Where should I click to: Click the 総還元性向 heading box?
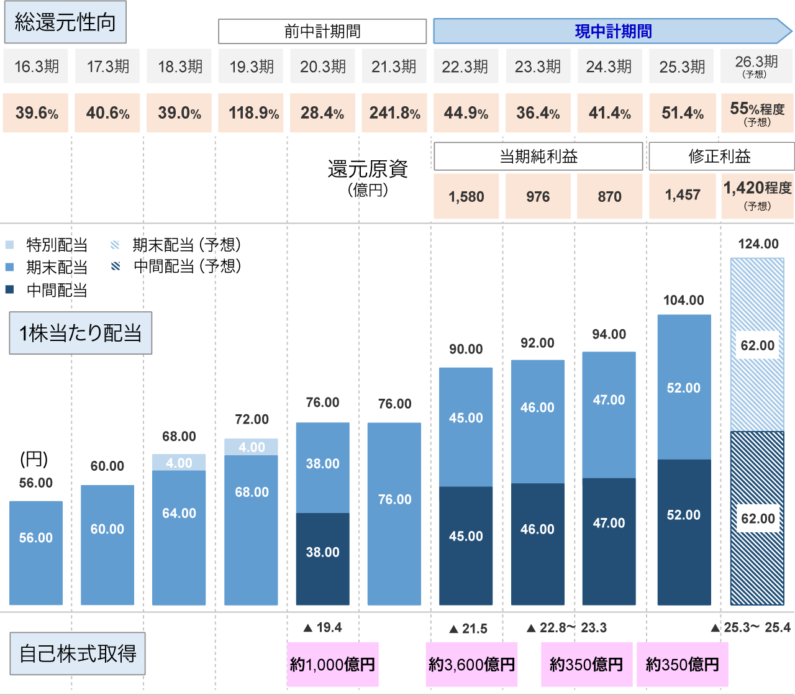point(65,23)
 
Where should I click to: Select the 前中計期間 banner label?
point(322,31)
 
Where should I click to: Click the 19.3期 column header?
point(252,66)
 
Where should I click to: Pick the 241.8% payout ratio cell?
point(394,113)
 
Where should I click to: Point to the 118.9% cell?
point(252,113)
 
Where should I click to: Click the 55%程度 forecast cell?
point(757,113)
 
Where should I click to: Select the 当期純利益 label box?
point(538,157)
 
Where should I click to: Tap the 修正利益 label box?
point(720,157)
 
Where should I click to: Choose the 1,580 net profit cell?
point(466,196)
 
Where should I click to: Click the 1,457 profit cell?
point(683,195)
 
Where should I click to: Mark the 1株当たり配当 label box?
point(81,334)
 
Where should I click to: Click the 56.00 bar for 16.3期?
point(36,553)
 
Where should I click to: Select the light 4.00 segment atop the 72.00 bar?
point(252,447)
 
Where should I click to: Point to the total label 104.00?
point(684,301)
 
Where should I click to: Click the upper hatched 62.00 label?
point(758,345)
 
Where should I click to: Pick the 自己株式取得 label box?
point(78,654)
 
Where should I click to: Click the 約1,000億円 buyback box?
point(333,665)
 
